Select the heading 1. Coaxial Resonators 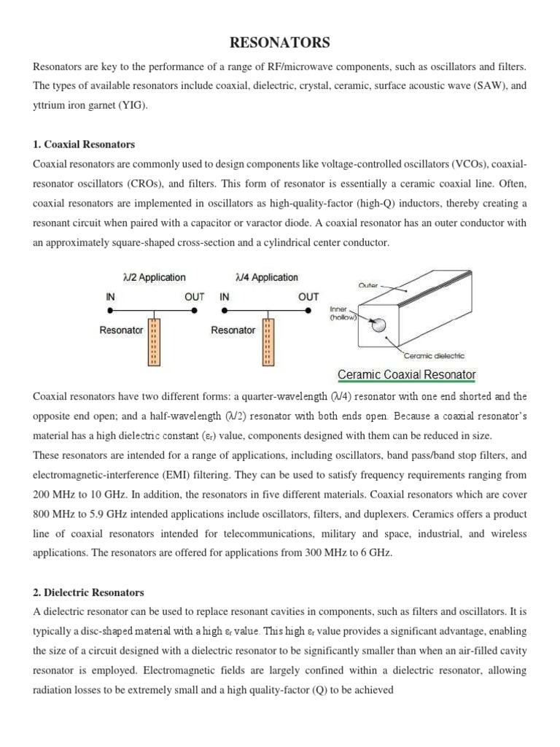click(84, 144)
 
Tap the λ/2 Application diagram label click(154, 277)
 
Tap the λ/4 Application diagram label click(267, 277)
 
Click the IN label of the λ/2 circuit click(106, 297)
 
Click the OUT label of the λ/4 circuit click(308, 297)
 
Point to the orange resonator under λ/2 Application click(154, 341)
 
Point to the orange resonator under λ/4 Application click(267, 341)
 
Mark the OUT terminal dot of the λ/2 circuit click(194, 310)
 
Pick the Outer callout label click(368, 285)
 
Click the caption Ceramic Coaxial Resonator click(406, 375)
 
